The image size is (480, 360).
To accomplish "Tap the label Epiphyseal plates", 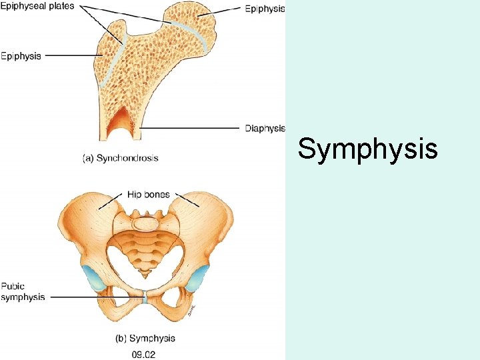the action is (x=37, y=6).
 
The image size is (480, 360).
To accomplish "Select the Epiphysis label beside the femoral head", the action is (x=265, y=9).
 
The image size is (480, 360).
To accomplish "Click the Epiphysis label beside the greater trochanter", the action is (x=21, y=56).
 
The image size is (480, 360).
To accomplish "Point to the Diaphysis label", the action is (x=265, y=128).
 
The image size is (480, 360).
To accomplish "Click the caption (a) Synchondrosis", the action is (x=121, y=158).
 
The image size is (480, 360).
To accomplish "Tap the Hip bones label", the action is (x=149, y=195).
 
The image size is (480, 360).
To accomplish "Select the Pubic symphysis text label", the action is (x=23, y=292).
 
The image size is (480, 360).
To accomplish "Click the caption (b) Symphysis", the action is (x=145, y=338).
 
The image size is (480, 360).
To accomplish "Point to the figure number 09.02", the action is (x=143, y=355).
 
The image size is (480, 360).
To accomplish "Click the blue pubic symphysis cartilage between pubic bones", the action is (x=145, y=297).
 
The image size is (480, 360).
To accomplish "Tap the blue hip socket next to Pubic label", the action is (x=94, y=278).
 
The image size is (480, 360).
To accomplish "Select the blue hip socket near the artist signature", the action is (x=197, y=278).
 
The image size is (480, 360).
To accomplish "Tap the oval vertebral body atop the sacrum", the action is (x=146, y=223).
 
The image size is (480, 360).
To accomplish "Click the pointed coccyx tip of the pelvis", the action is (x=145, y=276).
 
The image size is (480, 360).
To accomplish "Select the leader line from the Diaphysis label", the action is (x=190, y=128).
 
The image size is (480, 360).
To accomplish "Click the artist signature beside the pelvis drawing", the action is (x=191, y=310).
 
